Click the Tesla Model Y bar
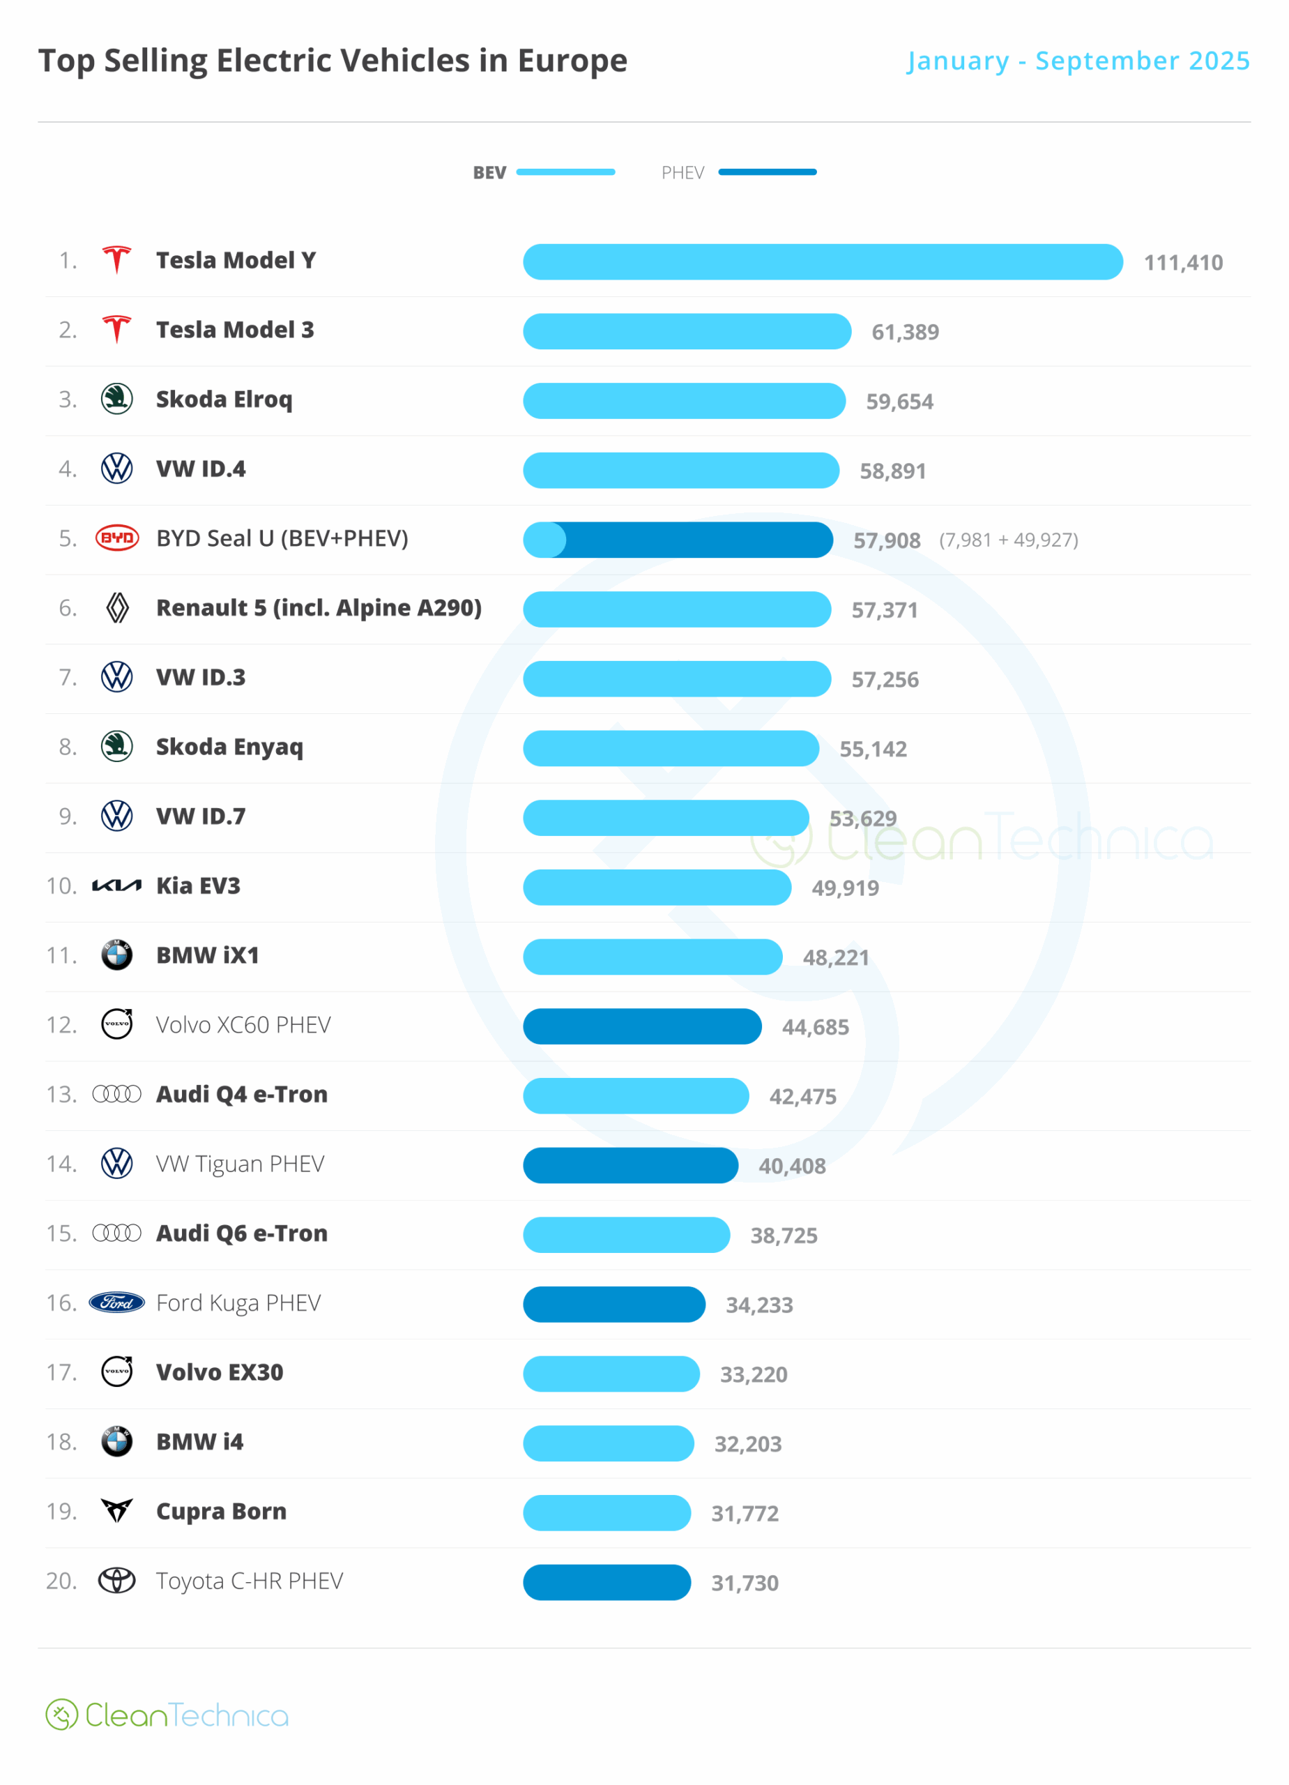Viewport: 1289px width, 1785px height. (823, 262)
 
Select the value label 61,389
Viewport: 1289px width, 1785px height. (905, 332)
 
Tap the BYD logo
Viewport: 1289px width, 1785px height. (117, 538)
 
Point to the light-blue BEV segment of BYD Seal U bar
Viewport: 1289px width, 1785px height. (543, 540)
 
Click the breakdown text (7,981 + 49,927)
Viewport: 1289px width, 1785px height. (1008, 540)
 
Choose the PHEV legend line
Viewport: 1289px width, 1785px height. (768, 172)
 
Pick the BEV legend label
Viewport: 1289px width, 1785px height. (489, 173)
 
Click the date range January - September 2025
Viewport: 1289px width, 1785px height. (1078, 61)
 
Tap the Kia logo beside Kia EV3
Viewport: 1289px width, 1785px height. (117, 886)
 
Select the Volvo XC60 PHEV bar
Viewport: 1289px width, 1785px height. (642, 1026)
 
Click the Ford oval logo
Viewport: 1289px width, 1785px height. (117, 1302)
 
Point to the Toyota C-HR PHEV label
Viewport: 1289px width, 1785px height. (250, 1581)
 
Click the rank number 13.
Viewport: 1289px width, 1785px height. (61, 1095)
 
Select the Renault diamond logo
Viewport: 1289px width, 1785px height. (117, 607)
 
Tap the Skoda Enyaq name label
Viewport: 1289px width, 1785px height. (229, 747)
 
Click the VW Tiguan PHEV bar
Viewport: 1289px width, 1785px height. (630, 1166)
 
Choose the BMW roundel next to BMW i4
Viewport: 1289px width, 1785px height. (117, 1442)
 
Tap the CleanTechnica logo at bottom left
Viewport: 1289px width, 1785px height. (167, 1715)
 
